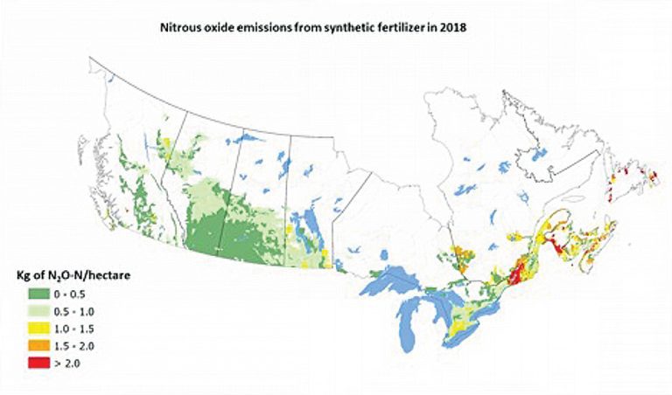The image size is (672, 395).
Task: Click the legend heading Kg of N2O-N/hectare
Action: pyautogui.click(x=69, y=277)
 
